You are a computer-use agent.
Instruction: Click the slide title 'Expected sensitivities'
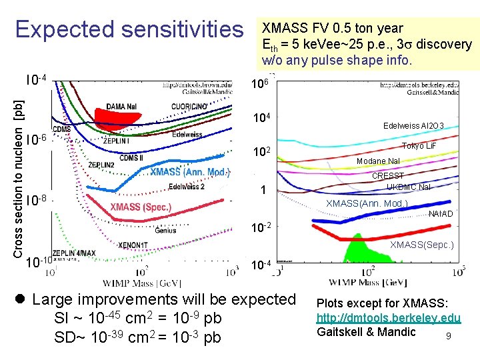click(x=129, y=29)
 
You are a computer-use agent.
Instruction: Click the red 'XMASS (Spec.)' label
click(x=141, y=207)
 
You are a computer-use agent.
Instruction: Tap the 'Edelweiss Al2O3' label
click(x=422, y=125)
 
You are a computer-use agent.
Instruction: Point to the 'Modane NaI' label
click(x=379, y=162)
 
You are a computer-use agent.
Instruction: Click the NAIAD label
click(x=441, y=214)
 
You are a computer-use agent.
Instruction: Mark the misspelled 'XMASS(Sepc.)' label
click(x=421, y=245)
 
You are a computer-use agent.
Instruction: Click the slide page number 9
click(x=449, y=336)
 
